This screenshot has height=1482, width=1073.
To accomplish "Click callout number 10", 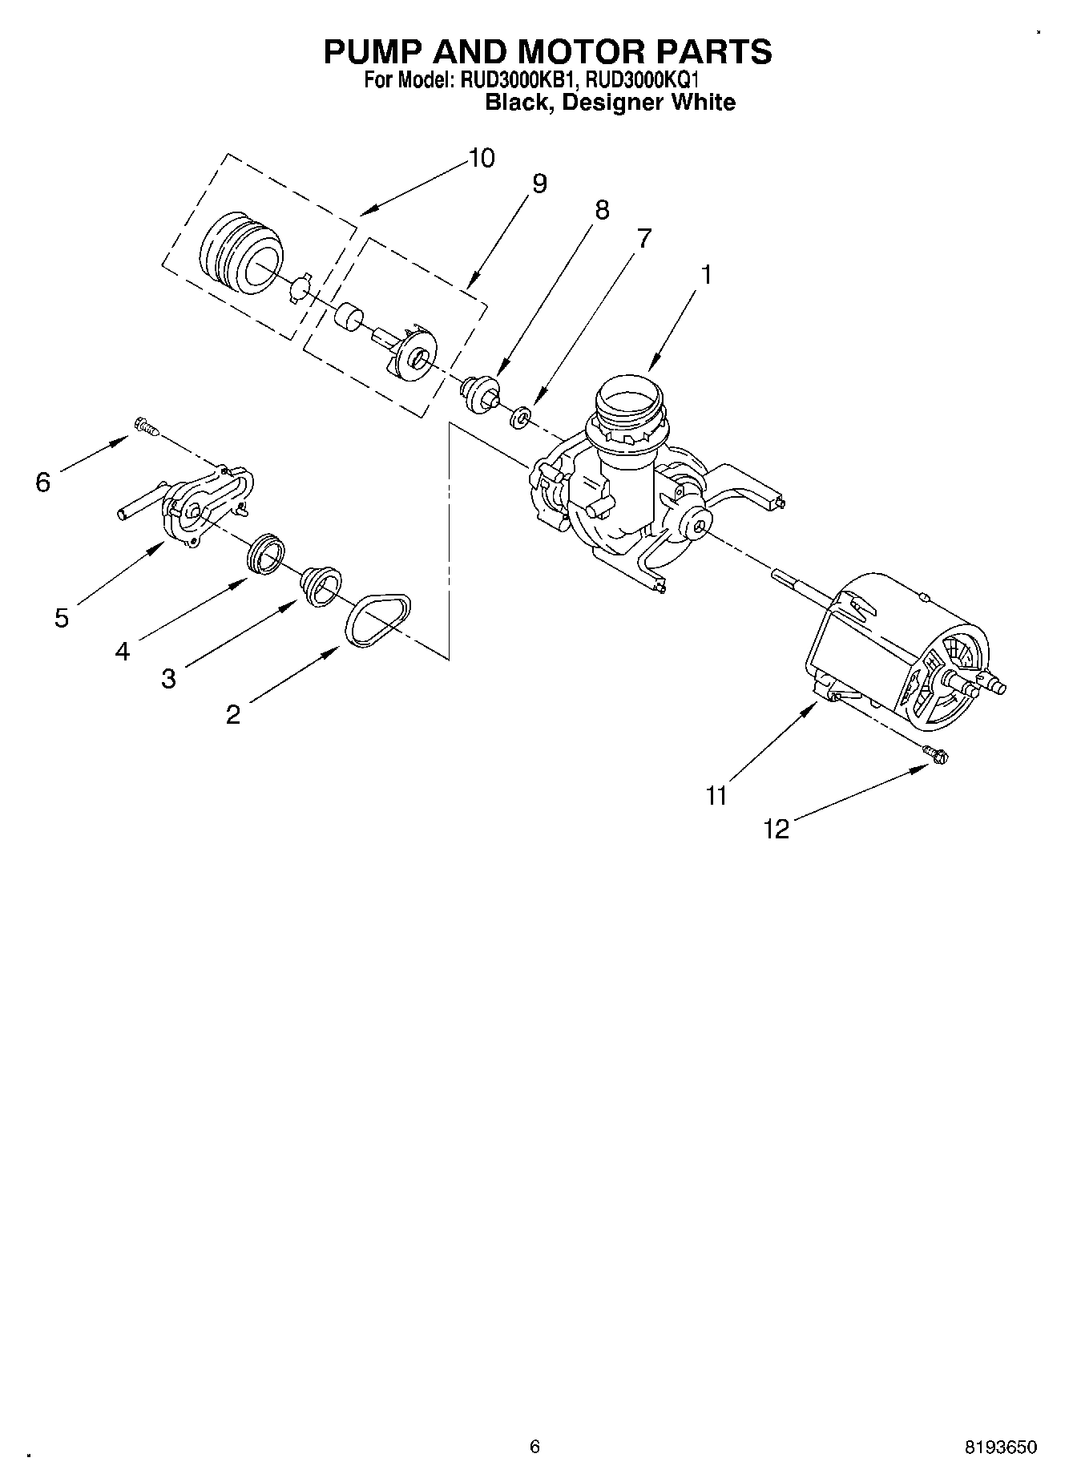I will click(481, 158).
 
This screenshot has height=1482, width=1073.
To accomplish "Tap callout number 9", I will click(539, 184).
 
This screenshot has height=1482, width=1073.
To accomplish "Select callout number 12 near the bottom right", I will click(777, 830).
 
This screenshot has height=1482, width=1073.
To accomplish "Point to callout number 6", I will click(42, 482).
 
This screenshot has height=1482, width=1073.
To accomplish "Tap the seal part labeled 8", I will click(479, 393).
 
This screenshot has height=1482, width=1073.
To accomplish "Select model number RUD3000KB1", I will click(515, 80).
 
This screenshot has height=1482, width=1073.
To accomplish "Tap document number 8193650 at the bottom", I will click(1000, 1447).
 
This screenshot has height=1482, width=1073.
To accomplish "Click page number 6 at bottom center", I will click(534, 1447).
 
